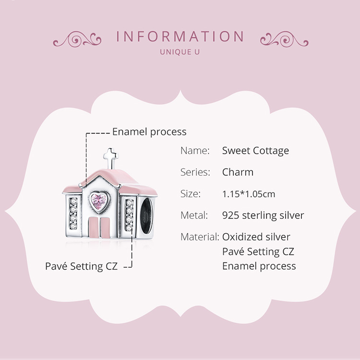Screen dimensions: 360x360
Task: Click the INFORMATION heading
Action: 180,37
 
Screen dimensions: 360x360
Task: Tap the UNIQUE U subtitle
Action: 180,51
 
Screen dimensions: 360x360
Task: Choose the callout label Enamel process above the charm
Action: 149,132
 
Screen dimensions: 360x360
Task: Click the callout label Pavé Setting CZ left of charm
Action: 81,266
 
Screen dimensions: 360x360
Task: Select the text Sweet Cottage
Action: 255,151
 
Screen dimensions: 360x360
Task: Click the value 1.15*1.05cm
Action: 249,194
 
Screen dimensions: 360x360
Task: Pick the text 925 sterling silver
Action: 263,216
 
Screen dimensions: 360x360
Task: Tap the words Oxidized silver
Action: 256,237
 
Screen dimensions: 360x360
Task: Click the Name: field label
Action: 195,151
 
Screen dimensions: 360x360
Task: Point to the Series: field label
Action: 195,172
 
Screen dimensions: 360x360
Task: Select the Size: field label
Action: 190,194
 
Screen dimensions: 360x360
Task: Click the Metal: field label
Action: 194,216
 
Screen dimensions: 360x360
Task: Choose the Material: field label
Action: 200,237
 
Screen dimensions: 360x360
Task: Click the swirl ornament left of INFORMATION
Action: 77,38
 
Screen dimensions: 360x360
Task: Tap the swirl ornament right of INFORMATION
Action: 284,38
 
